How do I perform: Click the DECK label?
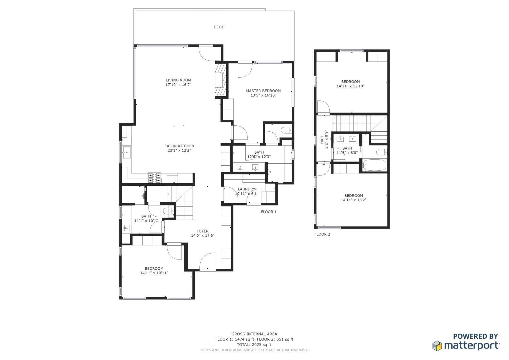click(219, 27)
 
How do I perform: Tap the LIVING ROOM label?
click(178, 80)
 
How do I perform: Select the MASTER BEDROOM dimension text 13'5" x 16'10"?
click(263, 95)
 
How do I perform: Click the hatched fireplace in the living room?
click(221, 80)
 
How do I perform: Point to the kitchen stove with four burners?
click(154, 178)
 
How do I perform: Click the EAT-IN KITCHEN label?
click(179, 146)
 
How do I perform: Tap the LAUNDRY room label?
click(247, 189)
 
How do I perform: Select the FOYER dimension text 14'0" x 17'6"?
click(203, 235)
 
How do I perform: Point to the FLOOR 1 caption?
click(268, 212)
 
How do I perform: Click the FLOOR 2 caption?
click(322, 234)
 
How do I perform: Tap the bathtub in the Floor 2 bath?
click(374, 165)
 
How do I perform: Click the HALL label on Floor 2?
click(322, 139)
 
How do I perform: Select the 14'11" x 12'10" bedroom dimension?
click(350, 86)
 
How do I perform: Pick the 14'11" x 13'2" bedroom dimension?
click(354, 200)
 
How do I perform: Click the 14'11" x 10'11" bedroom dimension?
click(154, 273)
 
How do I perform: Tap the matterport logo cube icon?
click(437, 346)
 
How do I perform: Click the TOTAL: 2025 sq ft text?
click(254, 344)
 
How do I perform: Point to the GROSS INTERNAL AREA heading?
click(254, 334)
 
